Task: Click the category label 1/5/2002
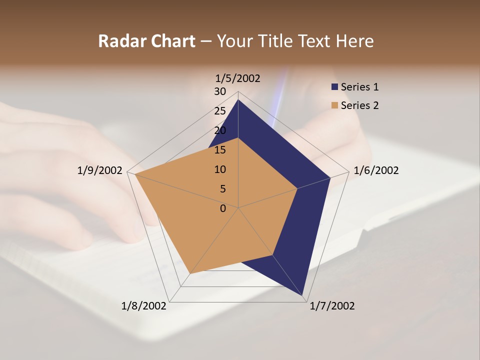point(237,78)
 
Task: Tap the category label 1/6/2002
point(376,170)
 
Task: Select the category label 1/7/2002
point(332,306)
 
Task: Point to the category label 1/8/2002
point(144,306)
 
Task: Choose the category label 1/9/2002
point(100,170)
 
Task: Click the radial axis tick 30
point(220,91)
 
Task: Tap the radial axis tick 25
point(220,111)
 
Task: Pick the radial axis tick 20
point(220,130)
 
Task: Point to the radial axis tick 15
point(220,150)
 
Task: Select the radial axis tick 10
point(220,169)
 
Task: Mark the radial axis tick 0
point(223,208)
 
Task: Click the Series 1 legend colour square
point(335,87)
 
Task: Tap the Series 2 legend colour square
point(335,105)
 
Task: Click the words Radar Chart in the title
point(146,41)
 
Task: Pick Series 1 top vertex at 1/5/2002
point(238,99)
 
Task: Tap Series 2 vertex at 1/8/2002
point(189,274)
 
